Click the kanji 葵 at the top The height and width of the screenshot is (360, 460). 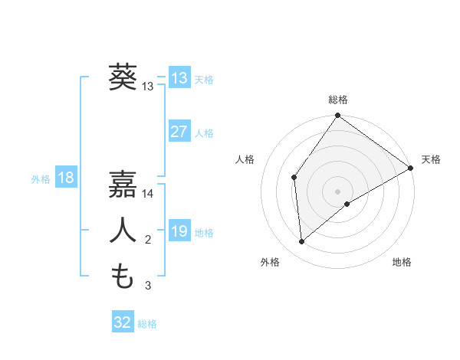click(x=122, y=77)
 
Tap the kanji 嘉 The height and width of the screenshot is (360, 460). click(x=122, y=185)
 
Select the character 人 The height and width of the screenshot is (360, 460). click(x=122, y=231)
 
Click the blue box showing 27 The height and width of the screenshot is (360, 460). click(x=179, y=132)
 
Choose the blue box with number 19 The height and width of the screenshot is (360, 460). click(x=179, y=231)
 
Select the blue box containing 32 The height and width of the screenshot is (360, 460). click(x=122, y=322)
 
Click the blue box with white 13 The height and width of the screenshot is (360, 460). click(x=179, y=78)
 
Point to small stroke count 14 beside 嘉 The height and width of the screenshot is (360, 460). click(x=148, y=194)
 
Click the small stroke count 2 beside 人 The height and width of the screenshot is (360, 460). click(x=148, y=240)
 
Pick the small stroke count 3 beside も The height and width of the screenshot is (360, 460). click(x=148, y=286)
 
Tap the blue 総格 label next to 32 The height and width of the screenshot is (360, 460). click(x=147, y=324)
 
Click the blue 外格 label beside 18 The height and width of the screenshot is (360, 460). click(x=41, y=179)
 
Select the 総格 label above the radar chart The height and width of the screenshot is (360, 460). click(x=337, y=100)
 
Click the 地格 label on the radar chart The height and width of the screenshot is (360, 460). click(x=402, y=262)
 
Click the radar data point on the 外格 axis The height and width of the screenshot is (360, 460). click(x=302, y=241)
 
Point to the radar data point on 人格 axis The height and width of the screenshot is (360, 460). click(x=294, y=178)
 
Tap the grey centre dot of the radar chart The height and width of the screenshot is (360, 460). click(x=337, y=191)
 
